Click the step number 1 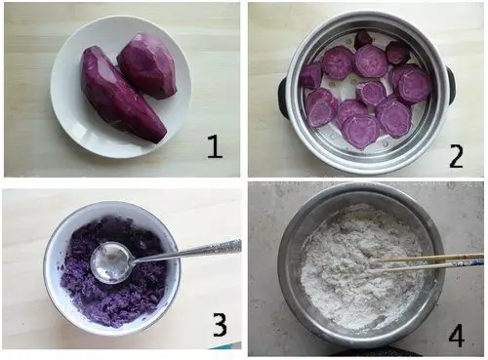click(215, 146)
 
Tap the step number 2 click(456, 156)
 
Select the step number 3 click(220, 324)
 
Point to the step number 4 click(456, 336)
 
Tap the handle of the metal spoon click(187, 251)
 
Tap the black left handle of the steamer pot click(283, 98)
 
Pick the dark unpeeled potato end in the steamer click(364, 39)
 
